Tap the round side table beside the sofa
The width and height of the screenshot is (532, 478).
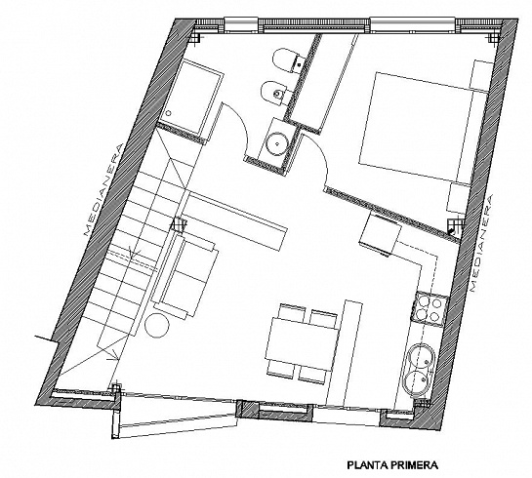(x=159, y=325)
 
